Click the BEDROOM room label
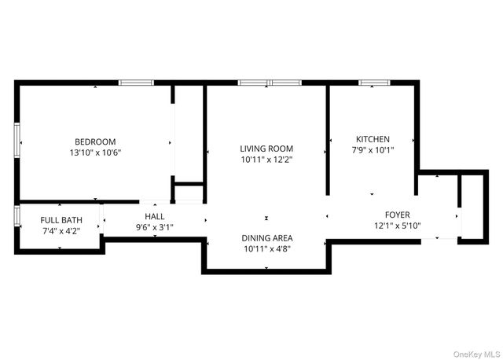[95, 141]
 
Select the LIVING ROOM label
[266, 149]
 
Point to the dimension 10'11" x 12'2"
[266, 160]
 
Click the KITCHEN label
[373, 139]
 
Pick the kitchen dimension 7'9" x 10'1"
[373, 150]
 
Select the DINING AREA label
[266, 237]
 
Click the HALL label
[153, 216]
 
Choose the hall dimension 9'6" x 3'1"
[153, 227]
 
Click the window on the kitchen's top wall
[371, 82]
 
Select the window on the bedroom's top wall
[135, 82]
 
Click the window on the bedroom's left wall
[17, 141]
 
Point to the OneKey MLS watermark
[474, 353]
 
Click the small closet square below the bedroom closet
[189, 194]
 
